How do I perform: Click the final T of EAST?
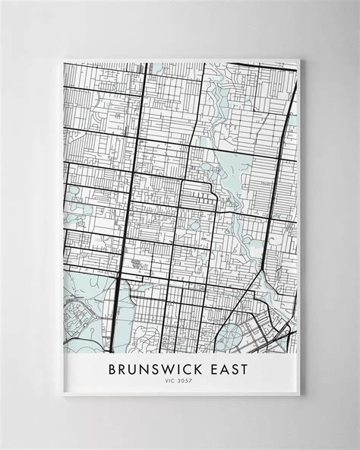251,372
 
